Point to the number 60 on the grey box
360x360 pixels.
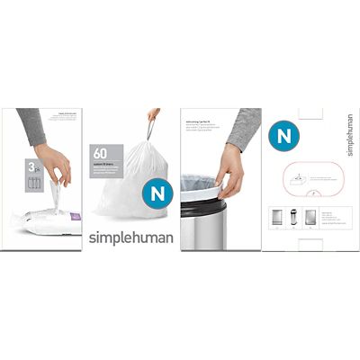point(101,152)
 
